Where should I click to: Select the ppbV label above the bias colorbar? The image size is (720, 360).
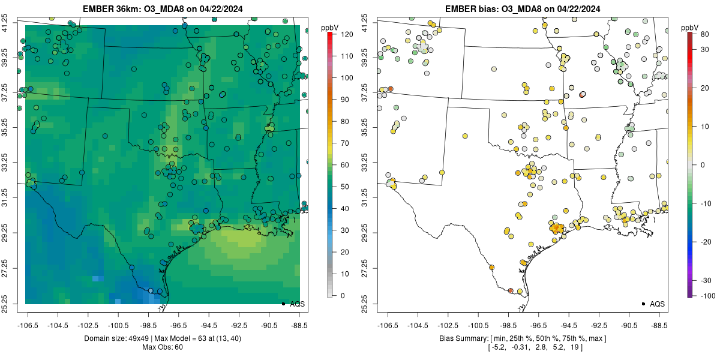pyautogui.click(x=689, y=28)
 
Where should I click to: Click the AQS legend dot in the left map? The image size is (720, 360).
pyautogui.click(x=283, y=304)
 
